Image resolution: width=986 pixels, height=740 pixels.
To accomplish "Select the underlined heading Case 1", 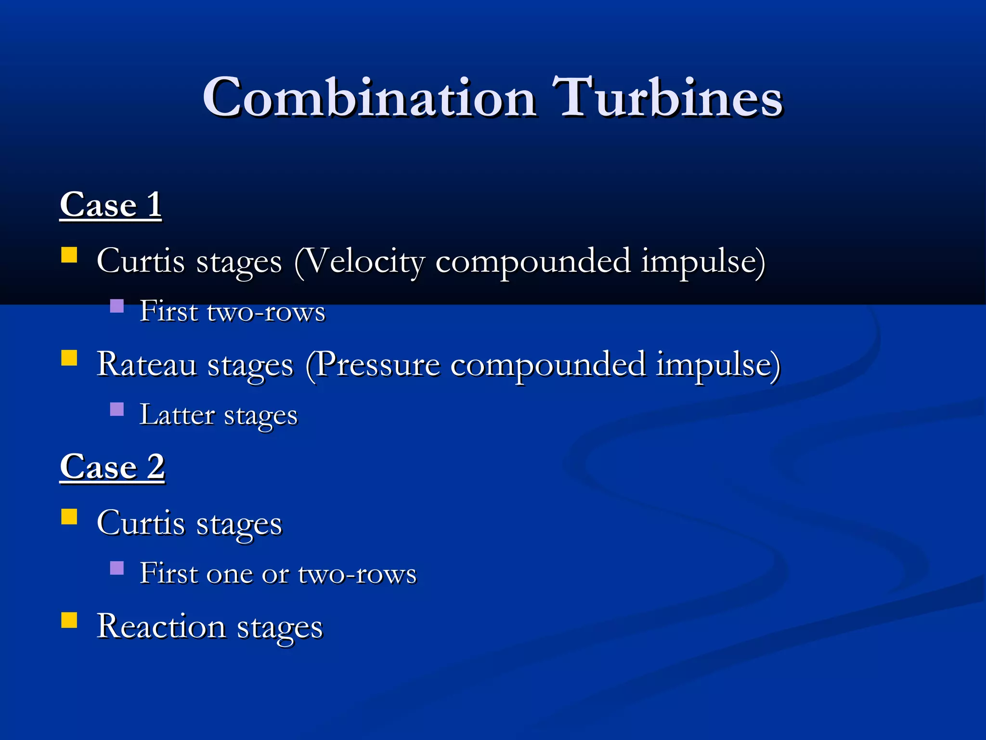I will pos(111,205).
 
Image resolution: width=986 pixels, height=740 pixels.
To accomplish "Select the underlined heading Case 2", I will pos(112,467).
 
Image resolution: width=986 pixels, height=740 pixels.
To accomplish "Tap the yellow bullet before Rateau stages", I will pos(69,358).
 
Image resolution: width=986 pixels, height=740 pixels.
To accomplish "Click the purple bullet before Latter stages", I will pos(117,409).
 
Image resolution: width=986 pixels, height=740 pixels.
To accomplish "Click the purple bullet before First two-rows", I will pos(117,306).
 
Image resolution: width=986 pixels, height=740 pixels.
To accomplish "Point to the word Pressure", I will pos(377,365).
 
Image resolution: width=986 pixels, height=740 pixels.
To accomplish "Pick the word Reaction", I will pos(161,627).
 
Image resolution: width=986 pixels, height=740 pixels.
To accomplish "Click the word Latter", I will pos(177,415).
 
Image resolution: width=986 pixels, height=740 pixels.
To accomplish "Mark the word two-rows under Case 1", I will pos(266,312).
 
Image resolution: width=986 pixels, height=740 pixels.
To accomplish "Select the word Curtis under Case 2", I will pos(141,524).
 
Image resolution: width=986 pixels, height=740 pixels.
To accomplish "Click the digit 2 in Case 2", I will pos(156,466).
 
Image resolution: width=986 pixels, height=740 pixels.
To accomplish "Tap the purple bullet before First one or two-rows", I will pos(117,568).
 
